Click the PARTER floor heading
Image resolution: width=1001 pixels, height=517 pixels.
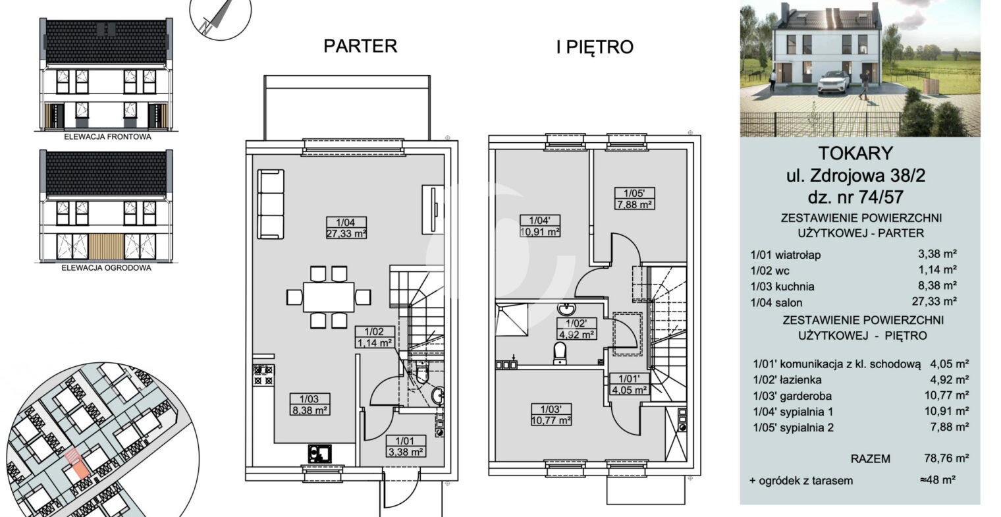(x=360, y=46)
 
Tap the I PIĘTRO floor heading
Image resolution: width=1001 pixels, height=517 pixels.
(x=595, y=47)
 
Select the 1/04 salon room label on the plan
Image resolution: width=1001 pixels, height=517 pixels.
(x=346, y=223)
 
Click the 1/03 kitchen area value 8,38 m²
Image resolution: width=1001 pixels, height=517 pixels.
(x=310, y=410)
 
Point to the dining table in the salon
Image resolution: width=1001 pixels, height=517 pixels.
(x=329, y=297)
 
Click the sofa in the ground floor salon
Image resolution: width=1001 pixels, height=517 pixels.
(x=271, y=204)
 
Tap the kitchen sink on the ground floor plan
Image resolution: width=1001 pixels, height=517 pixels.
(x=319, y=454)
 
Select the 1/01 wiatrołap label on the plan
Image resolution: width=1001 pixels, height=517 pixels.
(x=405, y=441)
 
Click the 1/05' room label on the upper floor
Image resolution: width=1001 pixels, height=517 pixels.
(x=634, y=194)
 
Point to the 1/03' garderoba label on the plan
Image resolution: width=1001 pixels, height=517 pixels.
(x=551, y=409)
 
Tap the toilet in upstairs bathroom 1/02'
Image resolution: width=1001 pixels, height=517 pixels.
(x=560, y=353)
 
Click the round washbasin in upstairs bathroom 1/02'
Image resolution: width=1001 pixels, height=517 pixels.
(x=566, y=309)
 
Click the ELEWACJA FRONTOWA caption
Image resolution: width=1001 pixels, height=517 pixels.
(x=108, y=137)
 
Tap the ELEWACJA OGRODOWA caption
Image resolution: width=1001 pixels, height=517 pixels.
(x=107, y=268)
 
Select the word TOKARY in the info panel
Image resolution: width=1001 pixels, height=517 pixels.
(x=855, y=153)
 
